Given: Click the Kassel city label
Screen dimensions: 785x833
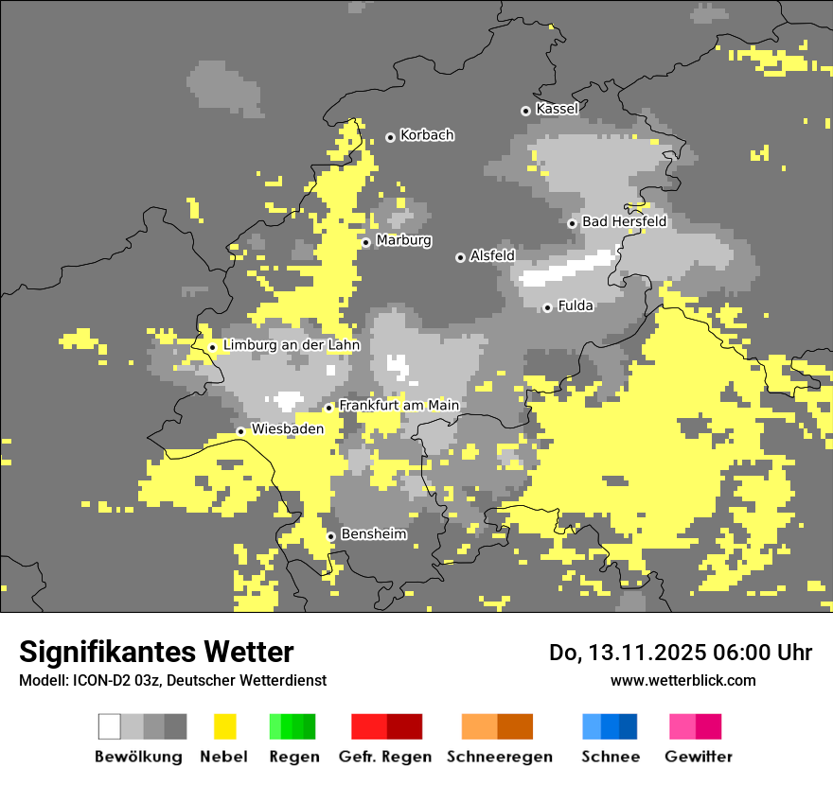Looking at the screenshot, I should (x=557, y=109).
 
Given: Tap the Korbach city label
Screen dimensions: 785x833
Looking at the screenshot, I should (x=427, y=135).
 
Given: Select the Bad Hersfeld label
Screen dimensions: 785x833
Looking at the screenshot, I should (x=624, y=222).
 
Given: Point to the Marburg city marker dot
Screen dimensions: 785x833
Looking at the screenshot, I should (x=365, y=242).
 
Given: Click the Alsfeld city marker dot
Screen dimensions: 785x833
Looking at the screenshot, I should (x=460, y=257).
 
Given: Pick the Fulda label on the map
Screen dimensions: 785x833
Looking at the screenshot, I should (x=576, y=305).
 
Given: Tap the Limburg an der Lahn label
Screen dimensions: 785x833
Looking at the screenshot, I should (x=292, y=345).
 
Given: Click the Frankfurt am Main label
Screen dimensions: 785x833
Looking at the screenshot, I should (x=399, y=406).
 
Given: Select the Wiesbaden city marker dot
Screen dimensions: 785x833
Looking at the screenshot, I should (x=240, y=431).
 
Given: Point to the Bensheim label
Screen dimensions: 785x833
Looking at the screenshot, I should (x=373, y=534).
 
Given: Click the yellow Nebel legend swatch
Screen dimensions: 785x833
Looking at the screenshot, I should (x=224, y=726).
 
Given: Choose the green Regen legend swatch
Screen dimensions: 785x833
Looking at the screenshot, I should (x=292, y=726).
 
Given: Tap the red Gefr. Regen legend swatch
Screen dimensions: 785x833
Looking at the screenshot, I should (x=386, y=726).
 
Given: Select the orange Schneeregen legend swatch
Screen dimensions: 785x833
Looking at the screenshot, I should (x=497, y=726).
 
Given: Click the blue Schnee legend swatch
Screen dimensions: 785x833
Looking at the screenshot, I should (x=610, y=726).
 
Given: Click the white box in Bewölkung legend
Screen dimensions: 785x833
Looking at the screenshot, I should (x=110, y=726).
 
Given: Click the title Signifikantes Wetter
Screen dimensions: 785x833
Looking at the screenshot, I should (x=156, y=653).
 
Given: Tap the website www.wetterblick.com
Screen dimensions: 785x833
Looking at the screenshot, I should (x=682, y=680).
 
